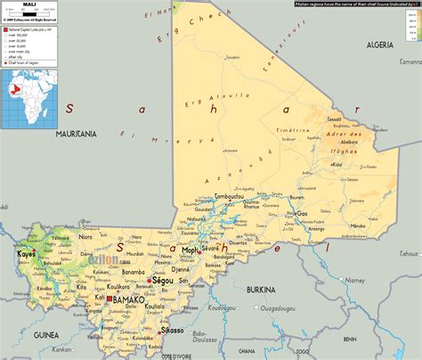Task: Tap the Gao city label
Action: click(302, 214)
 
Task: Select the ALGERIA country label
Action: click(379, 44)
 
